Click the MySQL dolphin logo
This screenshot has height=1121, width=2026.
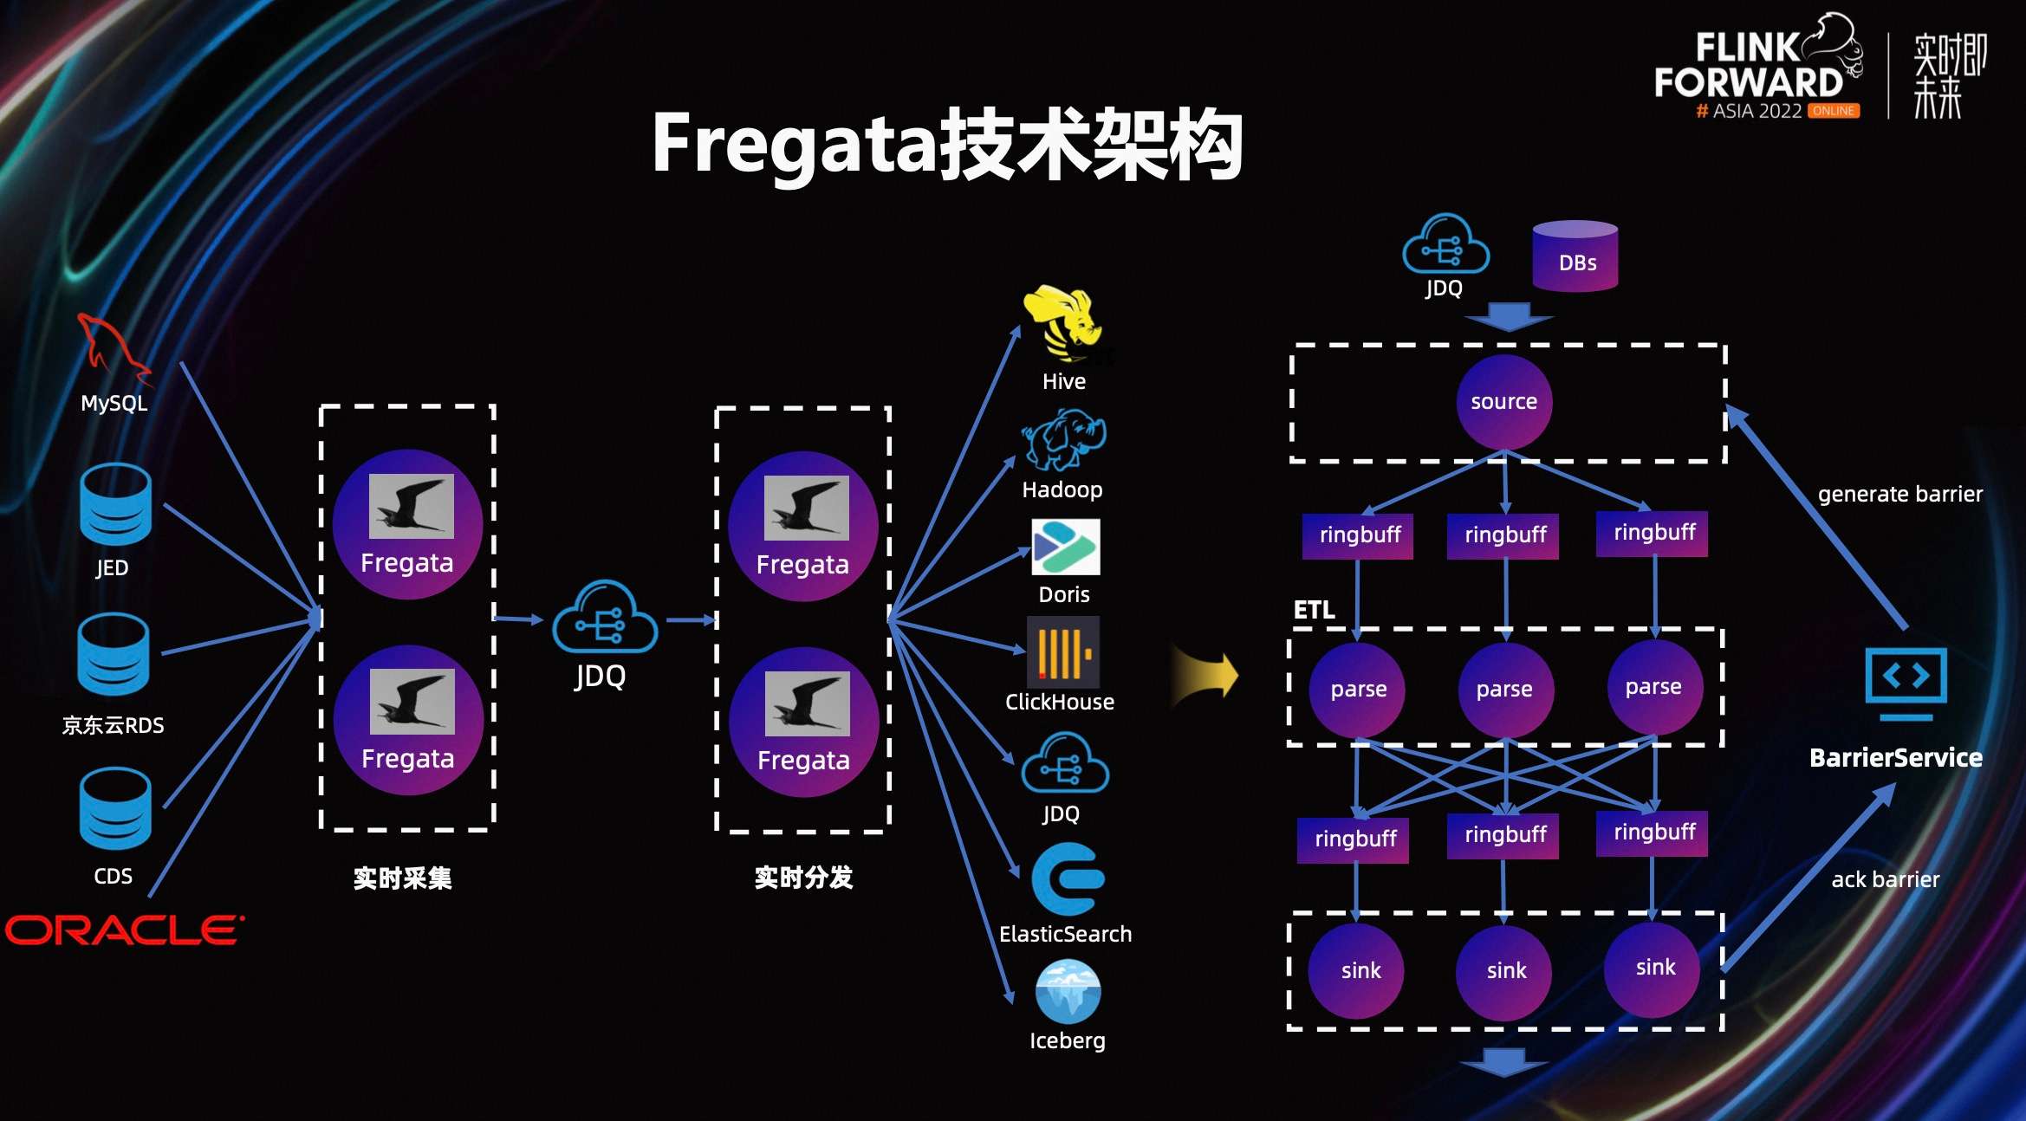coord(113,350)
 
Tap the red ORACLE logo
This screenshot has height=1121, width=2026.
coord(125,930)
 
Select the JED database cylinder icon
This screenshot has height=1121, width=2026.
coord(115,504)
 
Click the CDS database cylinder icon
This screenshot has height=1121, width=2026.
coord(115,809)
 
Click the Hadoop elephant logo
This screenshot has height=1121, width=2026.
coord(1064,439)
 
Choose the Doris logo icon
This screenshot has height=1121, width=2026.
coord(1065,548)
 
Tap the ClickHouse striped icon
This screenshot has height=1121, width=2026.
coord(1063,651)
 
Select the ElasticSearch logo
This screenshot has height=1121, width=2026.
coord(1067,880)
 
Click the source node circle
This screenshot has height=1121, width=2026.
coord(1503,402)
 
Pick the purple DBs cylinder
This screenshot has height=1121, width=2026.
coord(1575,256)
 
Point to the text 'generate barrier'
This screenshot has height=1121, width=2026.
coord(1899,495)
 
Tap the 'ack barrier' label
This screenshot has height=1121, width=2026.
coord(1885,880)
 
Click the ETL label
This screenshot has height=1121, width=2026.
coord(1314,610)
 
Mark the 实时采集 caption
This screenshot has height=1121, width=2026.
coord(402,878)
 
